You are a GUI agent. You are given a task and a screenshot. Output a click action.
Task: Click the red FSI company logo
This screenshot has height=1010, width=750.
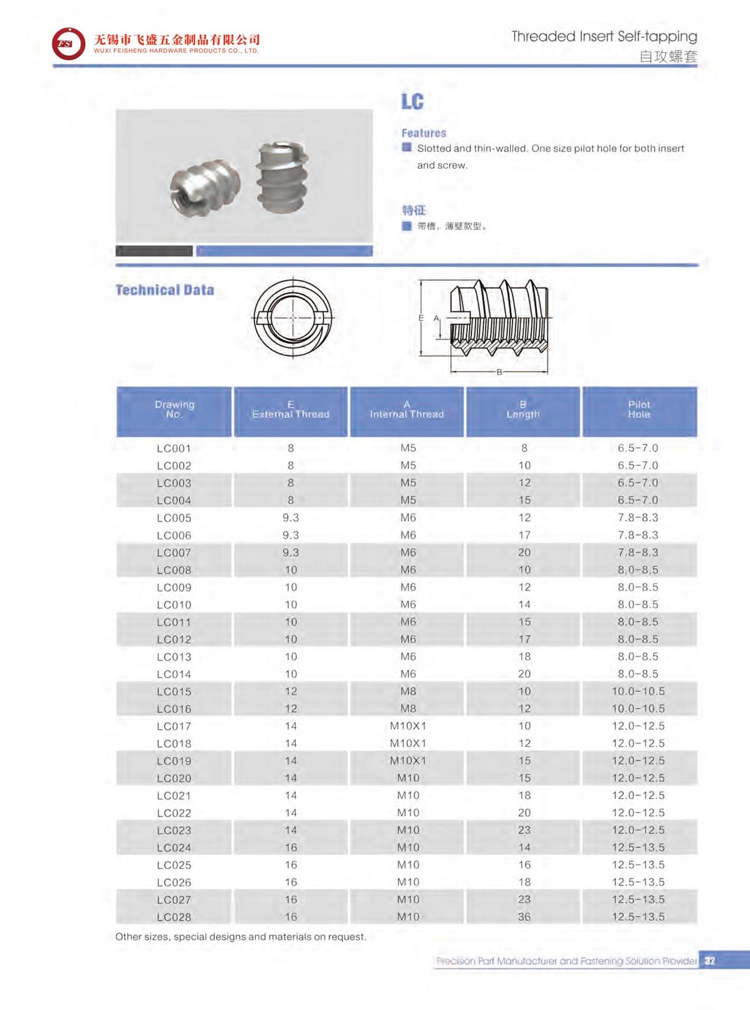[x=68, y=44]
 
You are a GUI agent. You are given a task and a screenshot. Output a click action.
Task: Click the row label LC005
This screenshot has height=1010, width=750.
[x=174, y=518]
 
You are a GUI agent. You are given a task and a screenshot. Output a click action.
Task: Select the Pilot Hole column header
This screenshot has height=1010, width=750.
[x=639, y=410]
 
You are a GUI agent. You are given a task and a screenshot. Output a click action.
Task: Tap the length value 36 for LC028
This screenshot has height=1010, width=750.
[x=524, y=917]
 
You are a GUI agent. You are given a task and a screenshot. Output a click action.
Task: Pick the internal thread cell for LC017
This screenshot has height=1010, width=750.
[x=408, y=726]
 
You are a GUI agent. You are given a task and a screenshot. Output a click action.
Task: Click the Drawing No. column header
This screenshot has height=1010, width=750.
[x=174, y=410]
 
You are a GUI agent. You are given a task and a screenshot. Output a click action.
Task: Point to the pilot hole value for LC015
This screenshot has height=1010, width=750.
[x=638, y=692]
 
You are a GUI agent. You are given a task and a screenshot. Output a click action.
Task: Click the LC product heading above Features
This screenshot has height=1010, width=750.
[x=412, y=102]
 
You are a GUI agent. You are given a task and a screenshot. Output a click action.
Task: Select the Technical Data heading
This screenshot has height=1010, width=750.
[x=165, y=290]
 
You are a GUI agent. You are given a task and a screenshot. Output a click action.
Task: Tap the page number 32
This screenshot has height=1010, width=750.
[x=710, y=961]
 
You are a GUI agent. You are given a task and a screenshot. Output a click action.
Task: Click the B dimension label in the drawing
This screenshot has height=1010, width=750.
[x=499, y=372]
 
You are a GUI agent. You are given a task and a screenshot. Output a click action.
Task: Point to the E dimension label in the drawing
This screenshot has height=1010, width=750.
[x=421, y=318]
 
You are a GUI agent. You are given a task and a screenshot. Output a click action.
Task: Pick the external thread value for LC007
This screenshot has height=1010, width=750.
[x=290, y=553]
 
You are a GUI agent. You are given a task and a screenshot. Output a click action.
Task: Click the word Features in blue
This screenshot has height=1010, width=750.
[x=424, y=133]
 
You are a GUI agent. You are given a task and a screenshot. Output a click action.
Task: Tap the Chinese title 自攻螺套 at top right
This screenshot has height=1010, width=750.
[x=668, y=57]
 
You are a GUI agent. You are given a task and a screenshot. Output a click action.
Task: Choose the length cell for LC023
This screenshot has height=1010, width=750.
[x=524, y=830]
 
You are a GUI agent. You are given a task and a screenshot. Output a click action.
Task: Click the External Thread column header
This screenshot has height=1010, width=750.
[x=290, y=410]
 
